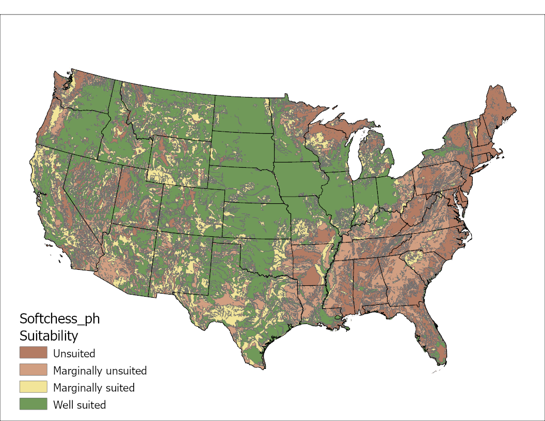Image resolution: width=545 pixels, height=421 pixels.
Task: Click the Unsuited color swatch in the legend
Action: click(x=33, y=353)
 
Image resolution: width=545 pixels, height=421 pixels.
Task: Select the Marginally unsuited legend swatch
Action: click(x=33, y=370)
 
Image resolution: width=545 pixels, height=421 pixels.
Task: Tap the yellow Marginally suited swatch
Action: click(x=33, y=387)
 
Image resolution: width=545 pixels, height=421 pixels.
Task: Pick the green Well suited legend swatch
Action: click(x=33, y=404)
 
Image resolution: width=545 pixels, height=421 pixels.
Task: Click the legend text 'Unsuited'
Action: click(x=74, y=353)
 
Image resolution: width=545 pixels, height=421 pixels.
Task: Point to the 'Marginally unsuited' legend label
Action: click(x=100, y=370)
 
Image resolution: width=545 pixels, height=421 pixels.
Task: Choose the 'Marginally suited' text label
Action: click(x=93, y=387)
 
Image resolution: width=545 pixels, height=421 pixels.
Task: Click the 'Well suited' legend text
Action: click(x=79, y=404)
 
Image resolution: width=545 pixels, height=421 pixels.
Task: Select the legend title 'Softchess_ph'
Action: click(x=59, y=318)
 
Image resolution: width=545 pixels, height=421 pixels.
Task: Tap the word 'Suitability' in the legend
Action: click(x=49, y=336)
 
